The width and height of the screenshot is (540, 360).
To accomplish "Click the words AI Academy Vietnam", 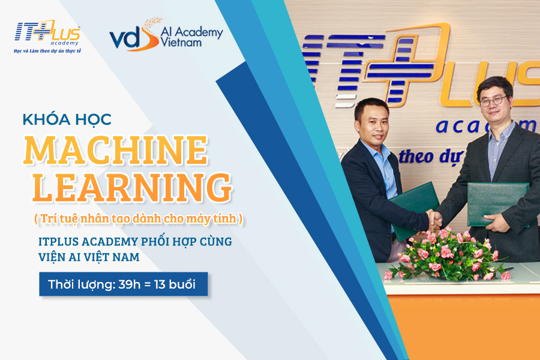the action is point(192,37).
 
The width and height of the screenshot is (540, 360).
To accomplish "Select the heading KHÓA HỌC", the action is point(67,119).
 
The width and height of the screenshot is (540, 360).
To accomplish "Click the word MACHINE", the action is point(116,150).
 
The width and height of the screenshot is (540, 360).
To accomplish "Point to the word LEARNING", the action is point(132,187).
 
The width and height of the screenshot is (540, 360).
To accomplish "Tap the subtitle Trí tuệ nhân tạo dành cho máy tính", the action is point(139,218).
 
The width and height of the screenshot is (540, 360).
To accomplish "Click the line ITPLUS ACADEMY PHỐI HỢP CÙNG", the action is point(136,241).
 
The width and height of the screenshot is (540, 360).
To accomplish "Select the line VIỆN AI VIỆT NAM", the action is point(89,257).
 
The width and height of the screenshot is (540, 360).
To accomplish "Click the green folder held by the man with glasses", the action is point(497,204).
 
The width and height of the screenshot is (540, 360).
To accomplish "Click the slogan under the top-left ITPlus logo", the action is point(47,51).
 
